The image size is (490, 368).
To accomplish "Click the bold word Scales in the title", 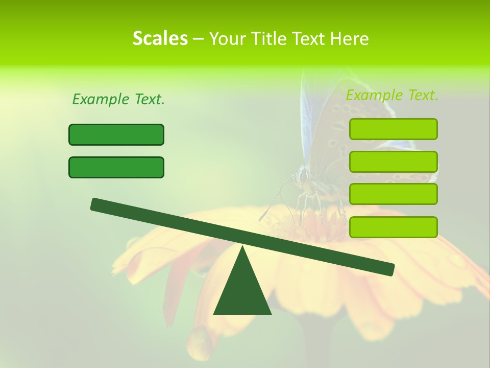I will (160, 38).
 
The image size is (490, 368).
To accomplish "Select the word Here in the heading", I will (350, 38).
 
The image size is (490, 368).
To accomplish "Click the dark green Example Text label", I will (118, 99).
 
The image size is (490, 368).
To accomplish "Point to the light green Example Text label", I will (392, 95).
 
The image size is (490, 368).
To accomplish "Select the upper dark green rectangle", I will (116, 134).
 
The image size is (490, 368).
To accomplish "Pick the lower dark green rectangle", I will (116, 167).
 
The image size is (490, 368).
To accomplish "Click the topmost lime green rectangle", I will (393, 129).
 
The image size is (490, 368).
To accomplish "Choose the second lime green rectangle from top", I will (393, 162).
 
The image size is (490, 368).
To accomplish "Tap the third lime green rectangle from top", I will (393, 194).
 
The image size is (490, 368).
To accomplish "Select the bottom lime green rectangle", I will (393, 227).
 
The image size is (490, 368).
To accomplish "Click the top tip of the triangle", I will (242, 247).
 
